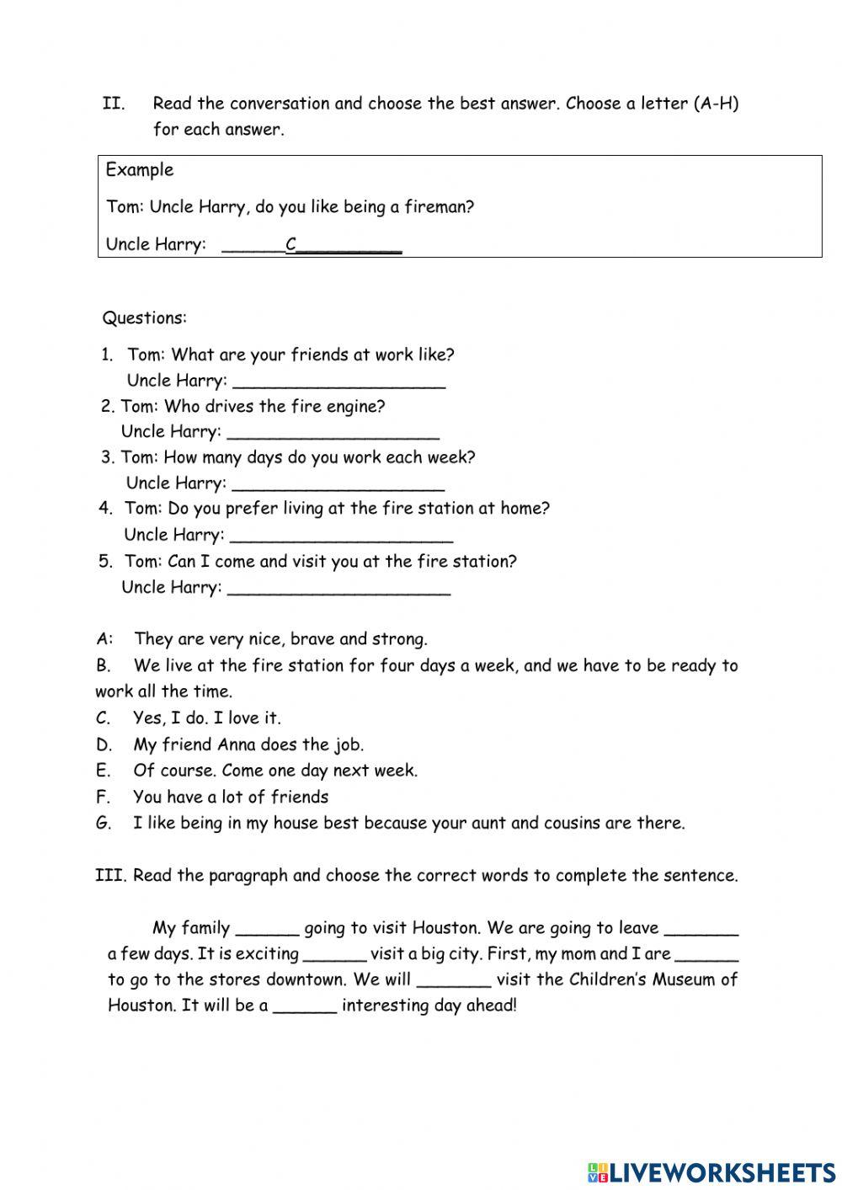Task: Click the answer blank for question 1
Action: tap(338, 382)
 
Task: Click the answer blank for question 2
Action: tap(333, 434)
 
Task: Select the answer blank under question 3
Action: tap(338, 485)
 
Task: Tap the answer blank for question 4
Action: tap(341, 536)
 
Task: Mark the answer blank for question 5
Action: tap(339, 589)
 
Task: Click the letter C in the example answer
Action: tap(291, 245)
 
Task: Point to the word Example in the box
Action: tap(140, 170)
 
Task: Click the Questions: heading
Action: tap(145, 318)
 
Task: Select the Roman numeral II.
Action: tap(114, 104)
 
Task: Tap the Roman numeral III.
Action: tap(110, 876)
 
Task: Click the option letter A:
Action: tap(105, 639)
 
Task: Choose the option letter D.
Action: tap(104, 744)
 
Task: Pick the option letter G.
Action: tap(104, 824)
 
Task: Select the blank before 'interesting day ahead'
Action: tap(305, 1008)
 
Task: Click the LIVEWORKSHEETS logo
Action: tap(711, 1171)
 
